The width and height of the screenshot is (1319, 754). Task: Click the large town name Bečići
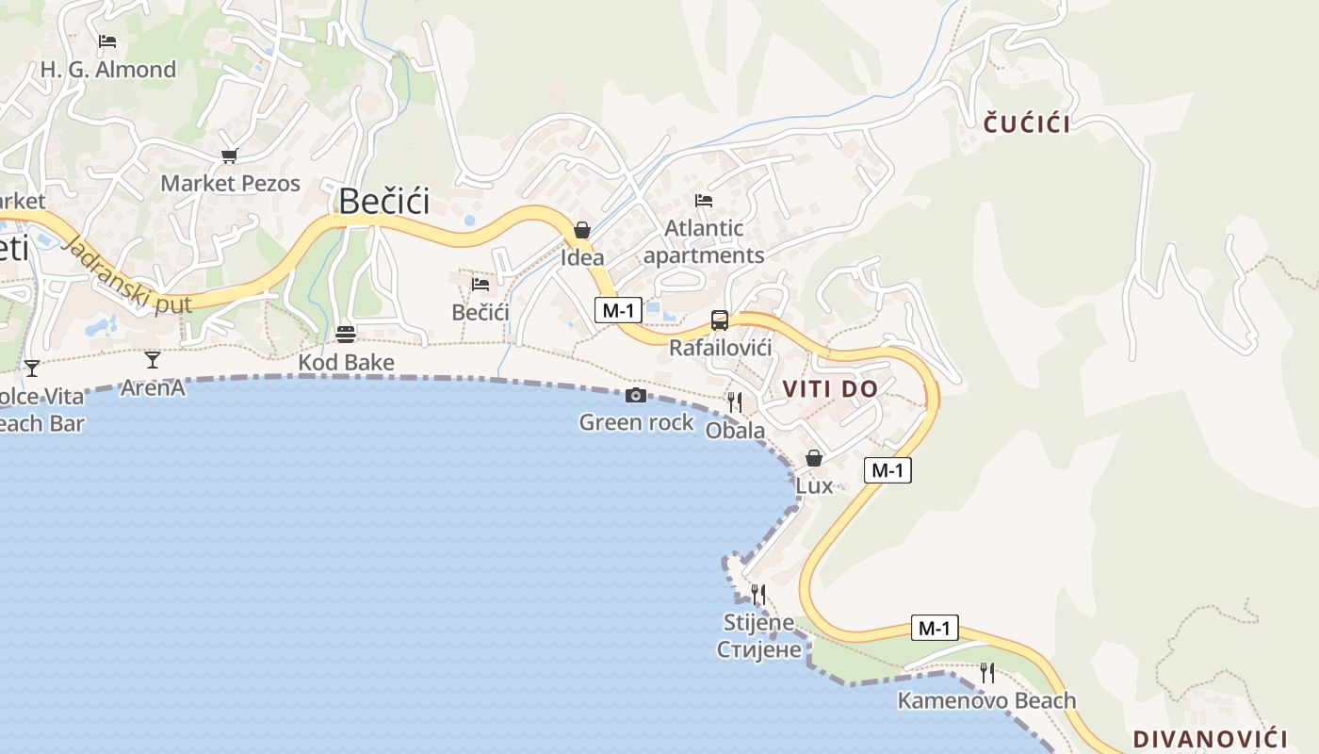click(383, 202)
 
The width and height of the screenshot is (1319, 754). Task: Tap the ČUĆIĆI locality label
click(1027, 123)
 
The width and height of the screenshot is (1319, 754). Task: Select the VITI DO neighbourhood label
click(830, 388)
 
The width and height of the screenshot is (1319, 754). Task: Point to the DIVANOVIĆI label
click(1210, 738)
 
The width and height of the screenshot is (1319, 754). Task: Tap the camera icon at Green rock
click(636, 395)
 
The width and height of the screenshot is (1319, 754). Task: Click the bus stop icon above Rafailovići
click(720, 320)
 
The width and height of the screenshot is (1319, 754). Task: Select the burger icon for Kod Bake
click(346, 335)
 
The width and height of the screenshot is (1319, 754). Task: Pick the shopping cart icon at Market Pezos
click(229, 156)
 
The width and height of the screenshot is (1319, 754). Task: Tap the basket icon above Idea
click(582, 230)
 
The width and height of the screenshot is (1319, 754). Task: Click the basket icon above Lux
click(814, 458)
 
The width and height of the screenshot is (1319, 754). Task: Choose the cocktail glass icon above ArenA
click(153, 359)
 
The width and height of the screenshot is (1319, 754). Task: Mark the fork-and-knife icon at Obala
click(735, 402)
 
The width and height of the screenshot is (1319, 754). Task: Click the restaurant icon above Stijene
click(757, 594)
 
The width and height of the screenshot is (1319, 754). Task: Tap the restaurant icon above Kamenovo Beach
click(986, 672)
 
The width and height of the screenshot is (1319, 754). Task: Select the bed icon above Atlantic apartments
click(704, 200)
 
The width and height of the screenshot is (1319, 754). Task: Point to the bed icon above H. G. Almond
click(107, 41)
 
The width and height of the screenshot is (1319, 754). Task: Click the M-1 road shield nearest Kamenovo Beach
click(935, 628)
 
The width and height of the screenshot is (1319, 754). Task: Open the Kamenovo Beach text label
click(986, 700)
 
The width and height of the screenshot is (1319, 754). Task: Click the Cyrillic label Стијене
click(759, 649)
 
